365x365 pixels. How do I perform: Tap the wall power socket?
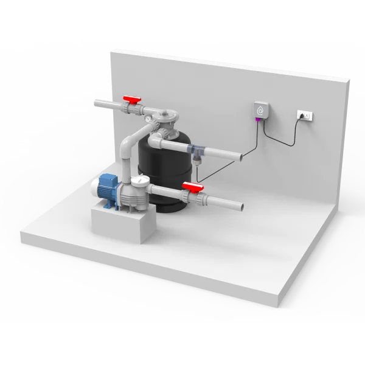[x=306, y=114]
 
